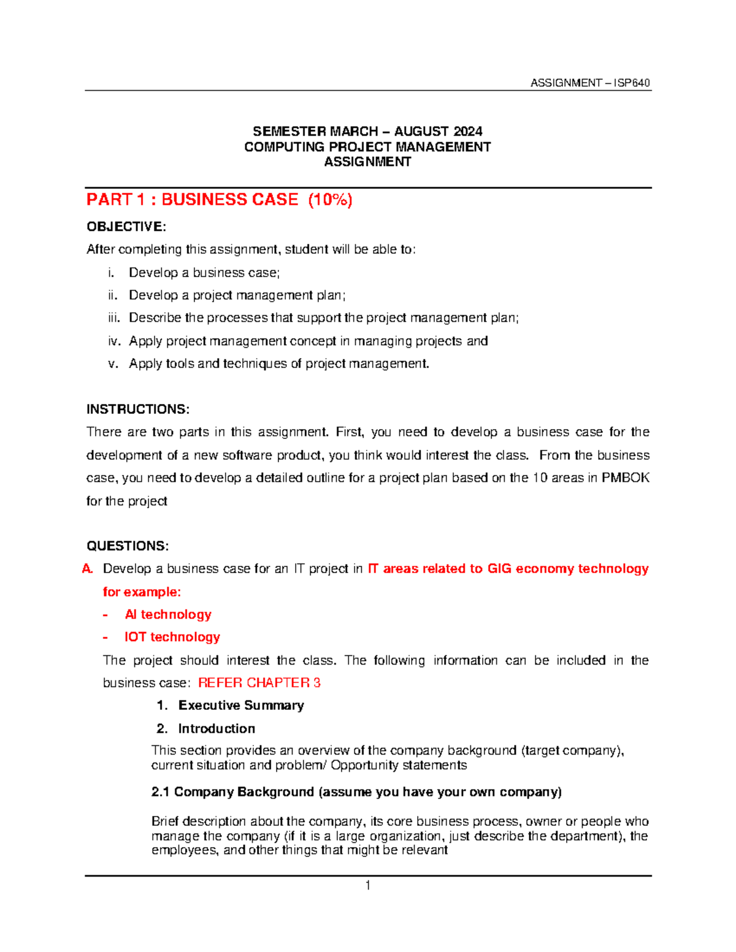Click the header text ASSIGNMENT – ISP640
pyautogui.click(x=589, y=83)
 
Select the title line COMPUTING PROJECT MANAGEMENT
pyautogui.click(x=367, y=147)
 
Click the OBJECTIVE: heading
pyautogui.click(x=126, y=227)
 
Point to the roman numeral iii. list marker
pyautogui.click(x=113, y=318)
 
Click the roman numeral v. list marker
pyautogui.click(x=113, y=364)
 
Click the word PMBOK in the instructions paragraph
pyautogui.click(x=625, y=478)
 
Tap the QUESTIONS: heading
pyautogui.click(x=128, y=546)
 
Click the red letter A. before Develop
pyautogui.click(x=88, y=569)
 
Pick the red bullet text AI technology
pyautogui.click(x=168, y=614)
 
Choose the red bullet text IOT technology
pyautogui.click(x=172, y=637)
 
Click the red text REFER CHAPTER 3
pyautogui.click(x=259, y=683)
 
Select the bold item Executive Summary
pyautogui.click(x=241, y=706)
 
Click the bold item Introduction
pyautogui.click(x=217, y=729)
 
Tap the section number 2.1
pyautogui.click(x=160, y=792)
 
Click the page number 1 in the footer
pyautogui.click(x=367, y=885)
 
